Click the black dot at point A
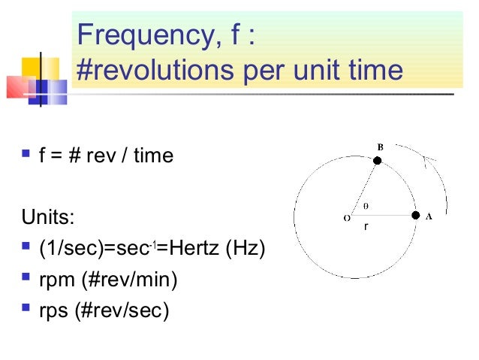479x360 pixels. coord(415,215)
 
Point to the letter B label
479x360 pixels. coord(380,147)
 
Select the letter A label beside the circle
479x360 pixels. coord(429,216)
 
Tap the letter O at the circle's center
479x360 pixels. coord(346,219)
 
